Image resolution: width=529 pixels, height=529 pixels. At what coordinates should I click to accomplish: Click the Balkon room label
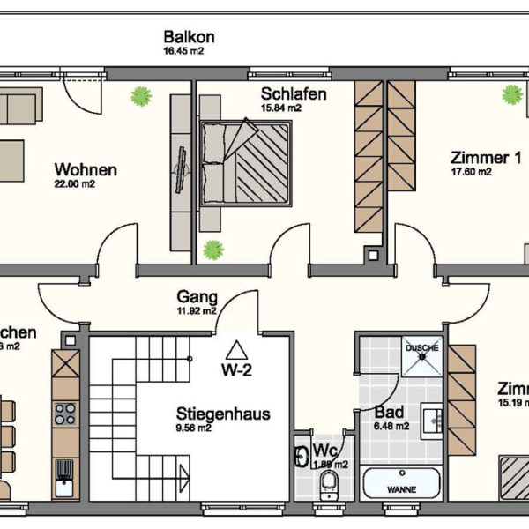click(x=189, y=37)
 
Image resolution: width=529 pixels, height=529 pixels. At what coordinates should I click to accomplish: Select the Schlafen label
click(x=294, y=93)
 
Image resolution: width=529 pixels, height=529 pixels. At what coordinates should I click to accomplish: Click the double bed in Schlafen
click(x=246, y=163)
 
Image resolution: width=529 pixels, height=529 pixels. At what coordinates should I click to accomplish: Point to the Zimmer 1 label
click(x=480, y=159)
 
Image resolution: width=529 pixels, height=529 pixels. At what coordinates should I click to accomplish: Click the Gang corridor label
click(x=197, y=297)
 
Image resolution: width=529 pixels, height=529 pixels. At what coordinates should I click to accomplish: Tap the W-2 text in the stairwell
click(x=236, y=370)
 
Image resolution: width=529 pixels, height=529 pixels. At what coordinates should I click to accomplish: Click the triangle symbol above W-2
click(x=236, y=349)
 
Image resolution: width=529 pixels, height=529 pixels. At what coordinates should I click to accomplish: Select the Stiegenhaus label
click(x=222, y=414)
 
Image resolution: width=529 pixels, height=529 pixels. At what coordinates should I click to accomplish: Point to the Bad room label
click(x=389, y=412)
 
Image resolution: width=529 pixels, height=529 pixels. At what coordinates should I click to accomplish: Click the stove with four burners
click(x=66, y=414)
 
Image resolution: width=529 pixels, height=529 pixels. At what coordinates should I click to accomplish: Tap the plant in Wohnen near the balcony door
click(x=139, y=95)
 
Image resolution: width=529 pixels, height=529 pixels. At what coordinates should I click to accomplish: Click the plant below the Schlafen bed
click(x=212, y=250)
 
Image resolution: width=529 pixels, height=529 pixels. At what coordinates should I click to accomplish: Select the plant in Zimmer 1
click(x=511, y=94)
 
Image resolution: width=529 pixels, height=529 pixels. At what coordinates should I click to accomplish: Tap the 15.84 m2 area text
click(x=281, y=108)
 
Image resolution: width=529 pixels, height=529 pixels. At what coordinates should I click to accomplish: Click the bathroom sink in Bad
click(x=432, y=421)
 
